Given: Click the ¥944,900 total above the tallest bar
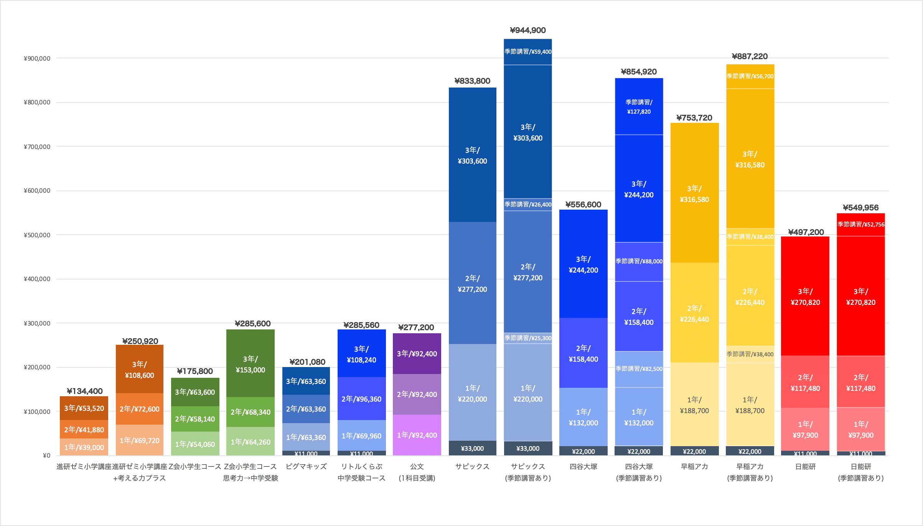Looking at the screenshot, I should (x=527, y=30).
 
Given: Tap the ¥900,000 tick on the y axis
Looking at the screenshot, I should (x=37, y=58).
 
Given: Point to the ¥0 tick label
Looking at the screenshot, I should (x=46, y=455).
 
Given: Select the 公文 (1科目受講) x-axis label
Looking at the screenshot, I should (x=417, y=472).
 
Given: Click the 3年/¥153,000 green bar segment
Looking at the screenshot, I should (x=250, y=364).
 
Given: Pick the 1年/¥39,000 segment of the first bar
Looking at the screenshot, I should (x=84, y=447).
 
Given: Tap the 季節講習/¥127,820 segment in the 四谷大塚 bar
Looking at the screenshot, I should (x=639, y=107).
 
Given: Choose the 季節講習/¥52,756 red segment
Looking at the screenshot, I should (x=860, y=224).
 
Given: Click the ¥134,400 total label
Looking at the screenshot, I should (x=84, y=391).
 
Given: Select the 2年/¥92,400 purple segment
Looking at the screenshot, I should (x=417, y=394).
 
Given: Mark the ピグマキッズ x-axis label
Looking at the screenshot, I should (x=306, y=466).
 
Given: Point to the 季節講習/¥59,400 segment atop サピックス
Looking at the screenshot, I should (x=527, y=51).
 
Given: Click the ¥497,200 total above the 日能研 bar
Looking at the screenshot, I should (x=806, y=232).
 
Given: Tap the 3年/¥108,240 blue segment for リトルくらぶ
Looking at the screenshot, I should (x=361, y=354).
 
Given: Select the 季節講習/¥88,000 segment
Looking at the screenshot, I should (x=639, y=261).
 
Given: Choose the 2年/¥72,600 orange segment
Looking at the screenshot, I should (x=139, y=409).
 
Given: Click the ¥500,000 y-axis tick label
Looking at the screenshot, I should (x=37, y=235).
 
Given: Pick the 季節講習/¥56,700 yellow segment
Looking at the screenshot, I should (x=750, y=76).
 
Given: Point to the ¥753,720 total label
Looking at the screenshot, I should (x=694, y=117).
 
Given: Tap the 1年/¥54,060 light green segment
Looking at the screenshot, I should (x=195, y=444).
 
